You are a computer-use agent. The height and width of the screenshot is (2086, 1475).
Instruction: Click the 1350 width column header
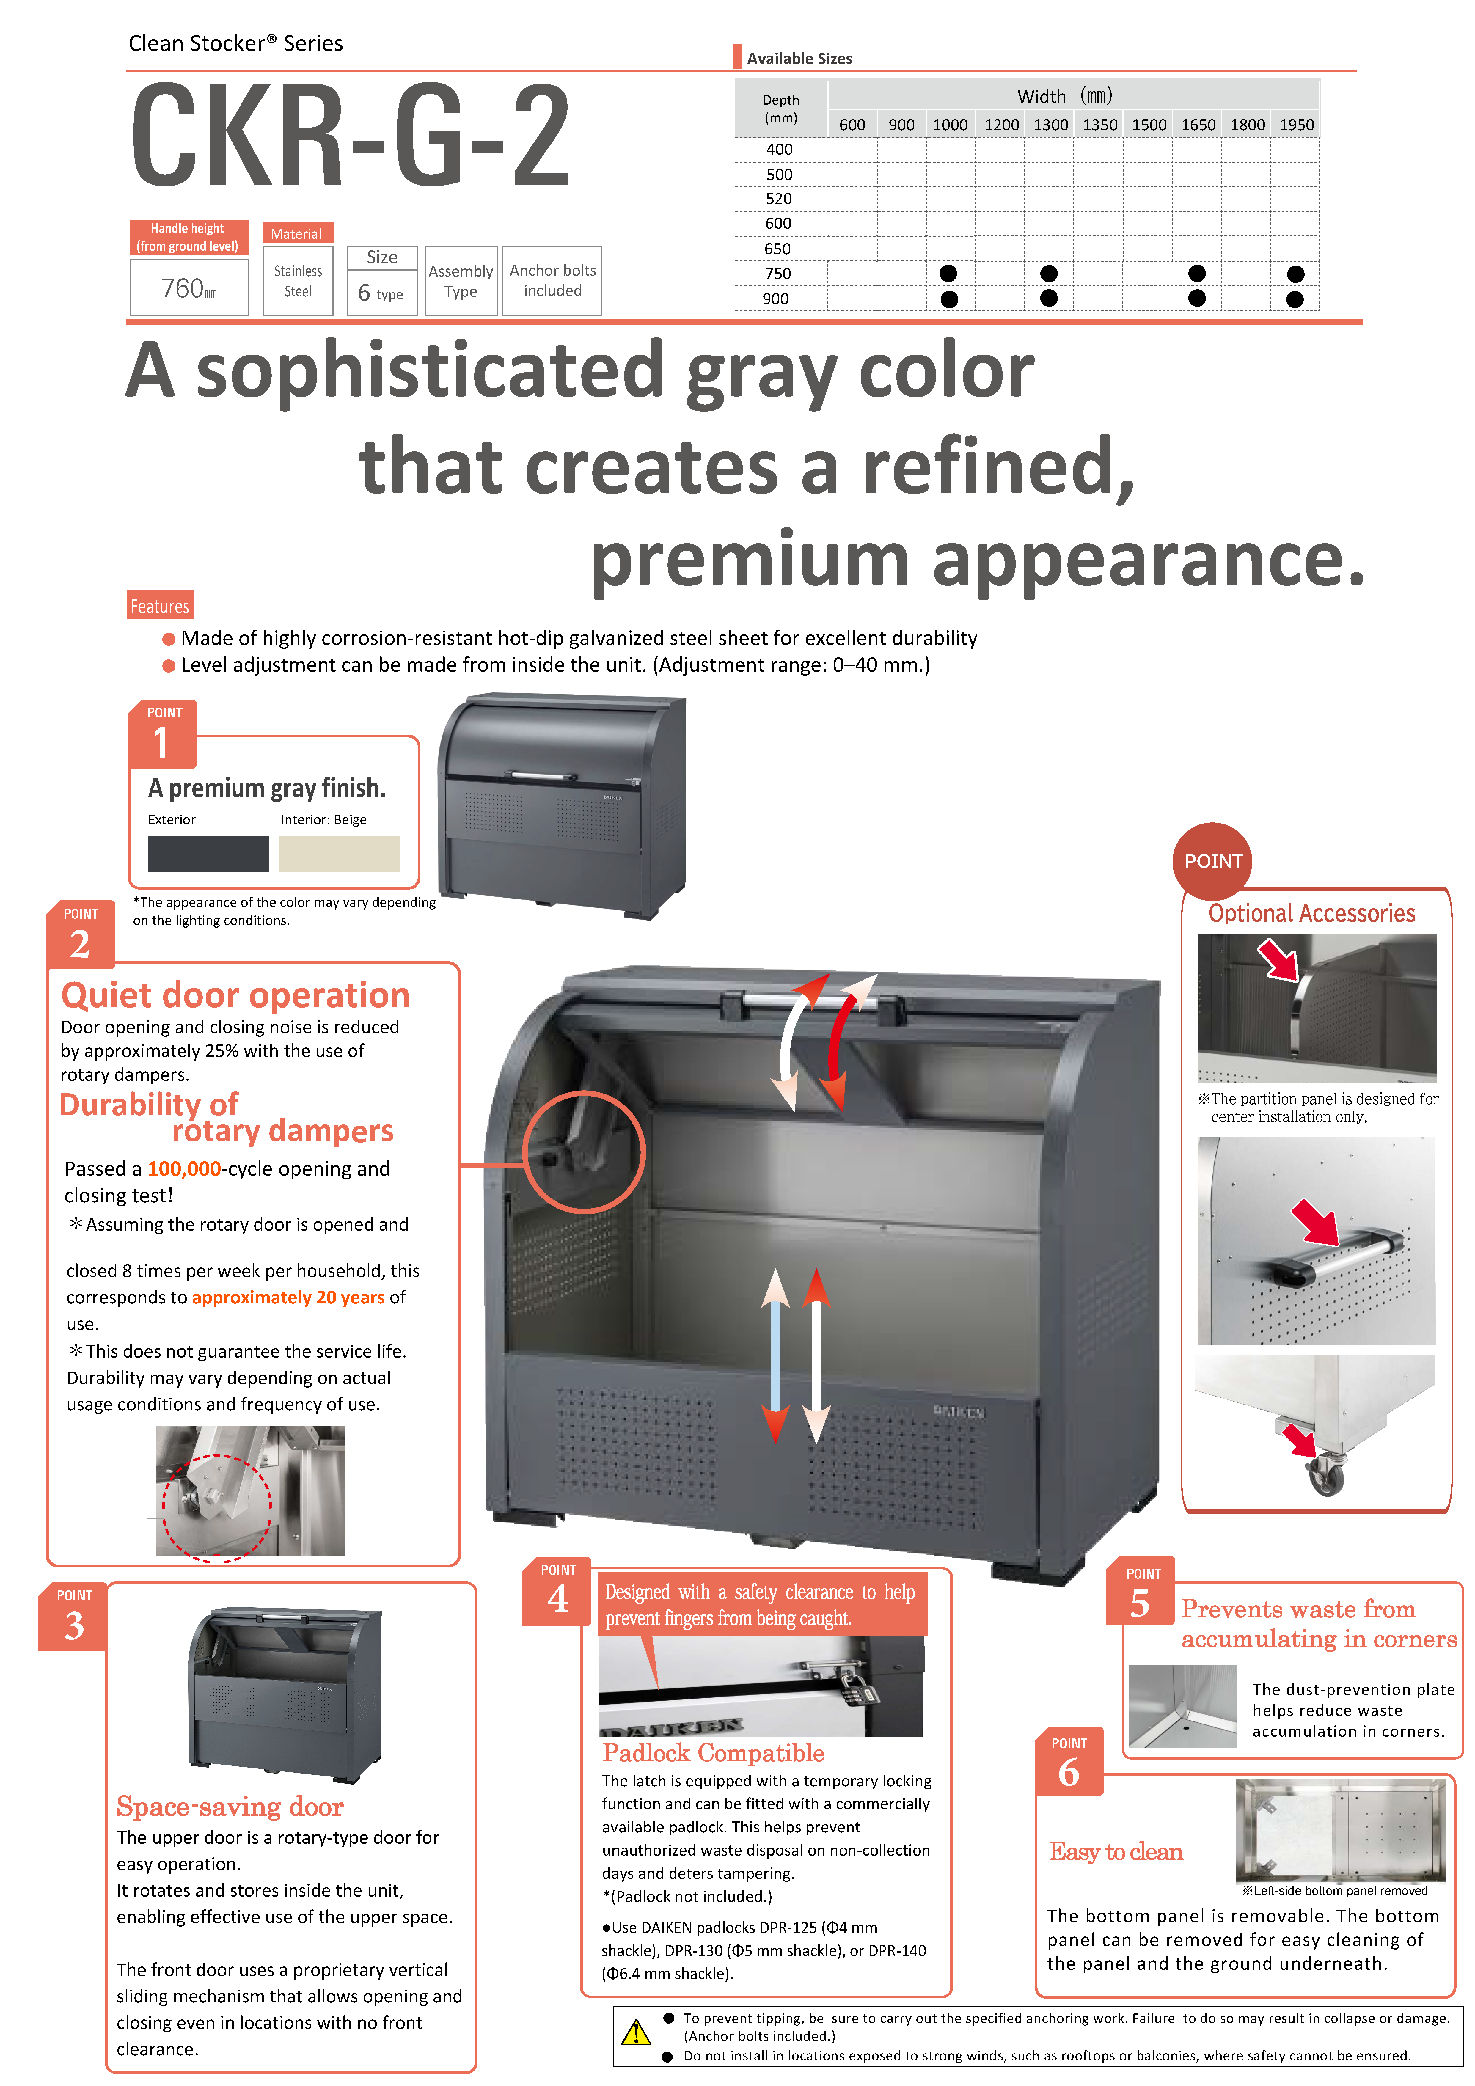[x=1100, y=125]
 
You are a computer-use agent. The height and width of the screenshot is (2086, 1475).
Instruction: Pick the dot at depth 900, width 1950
[x=1295, y=299]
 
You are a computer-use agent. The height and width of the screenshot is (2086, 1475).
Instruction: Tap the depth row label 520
[x=779, y=198]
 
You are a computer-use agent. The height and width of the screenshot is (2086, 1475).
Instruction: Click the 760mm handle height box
[x=189, y=288]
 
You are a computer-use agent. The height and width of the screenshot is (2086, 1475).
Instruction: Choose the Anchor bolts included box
[x=552, y=281]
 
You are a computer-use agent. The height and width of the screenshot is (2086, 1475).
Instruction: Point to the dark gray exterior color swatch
[x=208, y=854]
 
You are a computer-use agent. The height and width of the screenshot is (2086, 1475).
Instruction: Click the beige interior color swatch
[x=340, y=854]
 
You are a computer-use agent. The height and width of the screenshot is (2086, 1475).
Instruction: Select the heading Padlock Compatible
[x=713, y=1753]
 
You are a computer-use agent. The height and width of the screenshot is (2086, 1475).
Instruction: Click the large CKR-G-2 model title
[x=350, y=134]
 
